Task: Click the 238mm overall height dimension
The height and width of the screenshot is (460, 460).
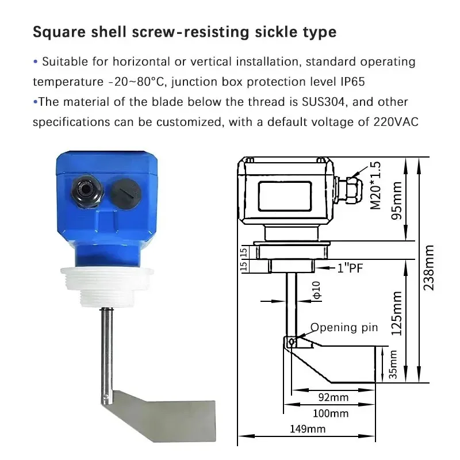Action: click(429, 267)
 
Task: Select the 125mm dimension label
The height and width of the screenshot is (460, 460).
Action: click(397, 313)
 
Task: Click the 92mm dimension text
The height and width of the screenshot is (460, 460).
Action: click(333, 397)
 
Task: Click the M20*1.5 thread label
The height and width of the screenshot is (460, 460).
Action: click(375, 185)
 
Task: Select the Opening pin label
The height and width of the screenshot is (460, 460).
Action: click(344, 328)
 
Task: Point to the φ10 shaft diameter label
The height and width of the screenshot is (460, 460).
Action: click(316, 290)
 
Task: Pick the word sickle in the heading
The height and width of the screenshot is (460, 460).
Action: click(259, 32)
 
